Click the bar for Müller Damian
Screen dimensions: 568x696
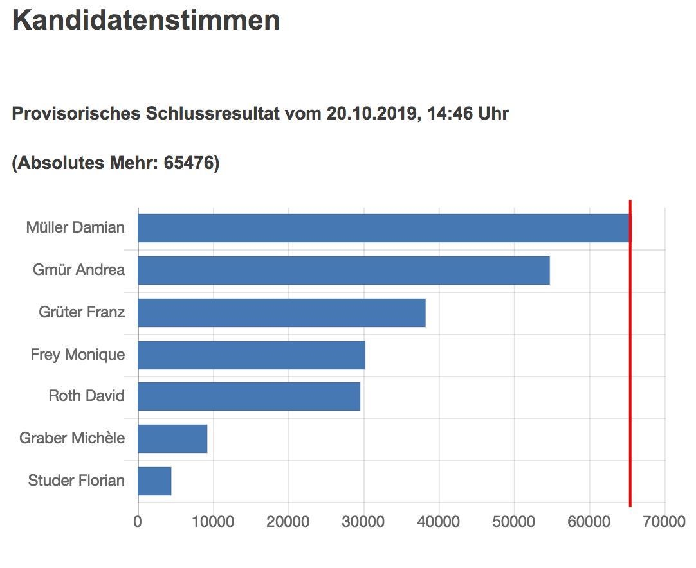click(383, 228)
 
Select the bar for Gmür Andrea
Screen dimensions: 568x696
click(343, 270)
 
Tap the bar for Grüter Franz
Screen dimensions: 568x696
click(281, 312)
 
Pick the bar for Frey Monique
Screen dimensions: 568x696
click(251, 355)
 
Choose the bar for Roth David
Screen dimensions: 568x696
click(248, 396)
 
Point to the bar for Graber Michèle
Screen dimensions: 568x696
click(172, 438)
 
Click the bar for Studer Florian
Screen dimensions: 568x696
click(154, 481)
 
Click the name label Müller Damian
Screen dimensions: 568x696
click(75, 227)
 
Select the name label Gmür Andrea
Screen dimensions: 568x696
click(78, 270)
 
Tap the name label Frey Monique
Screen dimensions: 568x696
click(77, 355)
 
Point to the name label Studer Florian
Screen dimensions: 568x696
click(76, 481)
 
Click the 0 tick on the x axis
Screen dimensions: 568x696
click(138, 521)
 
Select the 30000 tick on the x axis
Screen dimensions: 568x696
click(363, 521)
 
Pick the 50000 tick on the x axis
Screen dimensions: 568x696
click(514, 521)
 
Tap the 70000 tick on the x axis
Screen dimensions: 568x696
click(664, 521)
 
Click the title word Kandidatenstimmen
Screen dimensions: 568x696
click(146, 21)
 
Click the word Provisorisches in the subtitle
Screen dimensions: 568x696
click(76, 114)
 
